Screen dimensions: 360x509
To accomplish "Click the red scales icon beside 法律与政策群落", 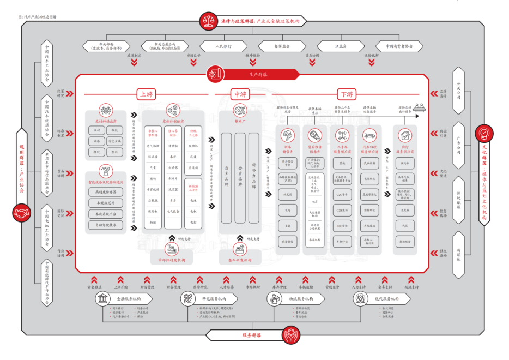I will pos(209,21).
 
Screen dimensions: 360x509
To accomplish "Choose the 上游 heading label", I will pos(146,94).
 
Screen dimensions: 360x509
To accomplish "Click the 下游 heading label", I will pos(346,94).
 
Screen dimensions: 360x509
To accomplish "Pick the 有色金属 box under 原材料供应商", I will pos(113,141).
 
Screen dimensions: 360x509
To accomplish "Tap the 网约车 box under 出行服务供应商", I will pos(404,162).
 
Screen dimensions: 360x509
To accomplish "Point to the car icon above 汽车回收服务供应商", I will pos(369,134).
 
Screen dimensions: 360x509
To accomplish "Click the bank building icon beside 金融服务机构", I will pos(102,298).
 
